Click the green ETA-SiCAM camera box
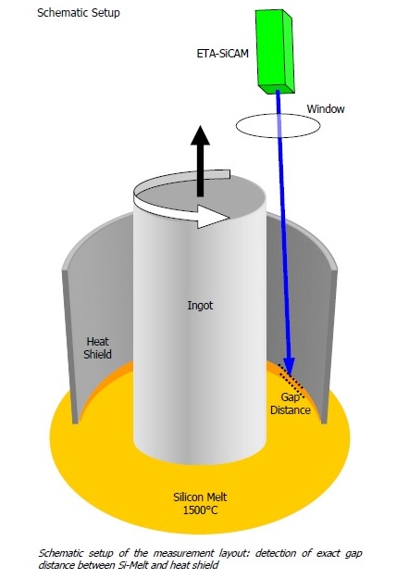tap(275, 51)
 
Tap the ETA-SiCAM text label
tap(222, 54)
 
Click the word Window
tap(326, 109)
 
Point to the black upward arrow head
tap(200, 135)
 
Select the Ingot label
tap(200, 306)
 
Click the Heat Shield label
tap(97, 347)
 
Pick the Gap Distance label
tap(291, 404)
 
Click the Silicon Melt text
tap(200, 497)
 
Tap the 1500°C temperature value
tap(200, 510)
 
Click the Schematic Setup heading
tap(79, 13)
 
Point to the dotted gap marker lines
tap(291, 382)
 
